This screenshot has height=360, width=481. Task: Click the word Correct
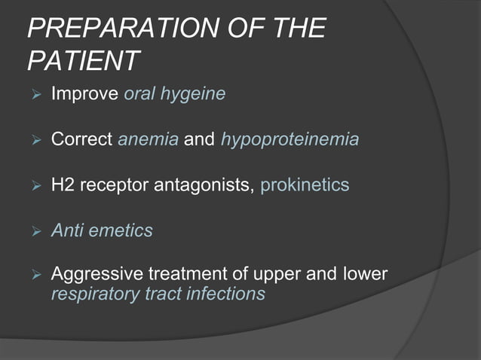pyautogui.click(x=81, y=140)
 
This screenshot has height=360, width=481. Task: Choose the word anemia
pyautogui.click(x=148, y=140)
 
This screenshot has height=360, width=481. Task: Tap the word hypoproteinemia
pyautogui.click(x=290, y=140)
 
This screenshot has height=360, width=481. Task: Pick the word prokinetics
pyautogui.click(x=305, y=185)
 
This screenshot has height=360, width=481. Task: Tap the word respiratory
pyautogui.click(x=90, y=294)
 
